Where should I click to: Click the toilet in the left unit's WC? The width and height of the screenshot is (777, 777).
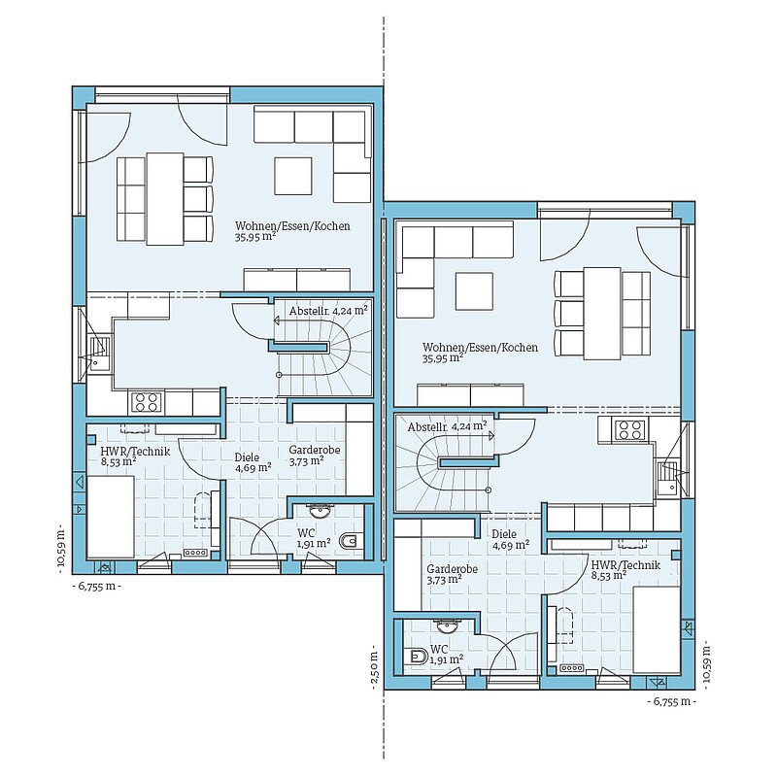point(349,541)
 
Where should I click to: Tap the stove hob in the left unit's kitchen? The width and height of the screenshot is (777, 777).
point(147,402)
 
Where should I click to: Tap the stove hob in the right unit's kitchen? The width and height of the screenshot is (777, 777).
point(630,429)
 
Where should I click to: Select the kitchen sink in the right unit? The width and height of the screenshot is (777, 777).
point(667,478)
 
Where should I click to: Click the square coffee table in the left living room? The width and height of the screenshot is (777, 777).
point(293,176)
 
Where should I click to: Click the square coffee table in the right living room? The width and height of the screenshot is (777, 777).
point(474,290)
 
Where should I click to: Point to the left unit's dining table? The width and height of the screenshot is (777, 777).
point(165,199)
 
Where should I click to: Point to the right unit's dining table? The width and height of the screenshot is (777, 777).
point(602,313)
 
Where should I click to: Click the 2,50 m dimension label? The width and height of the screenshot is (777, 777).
point(374,666)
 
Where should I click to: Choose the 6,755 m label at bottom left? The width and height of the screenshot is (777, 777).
point(98,587)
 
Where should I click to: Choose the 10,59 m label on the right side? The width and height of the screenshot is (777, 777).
point(706,663)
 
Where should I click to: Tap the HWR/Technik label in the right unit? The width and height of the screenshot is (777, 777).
point(625,564)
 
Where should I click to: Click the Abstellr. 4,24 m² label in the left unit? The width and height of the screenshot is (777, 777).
point(328,311)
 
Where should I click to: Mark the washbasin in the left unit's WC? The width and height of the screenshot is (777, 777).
point(319,510)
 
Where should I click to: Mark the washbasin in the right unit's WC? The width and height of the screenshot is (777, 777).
point(450,625)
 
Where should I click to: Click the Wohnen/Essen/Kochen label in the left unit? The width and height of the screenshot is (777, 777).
point(292,226)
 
